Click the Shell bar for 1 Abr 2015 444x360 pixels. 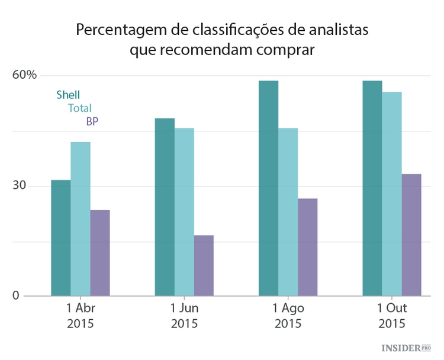click(x=60, y=237)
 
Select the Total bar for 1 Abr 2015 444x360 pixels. click(x=81, y=218)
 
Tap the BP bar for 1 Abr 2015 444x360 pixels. click(x=100, y=253)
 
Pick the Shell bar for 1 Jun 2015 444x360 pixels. click(x=165, y=207)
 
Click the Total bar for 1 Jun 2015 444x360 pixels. click(x=184, y=211)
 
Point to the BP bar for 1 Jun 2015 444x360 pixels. click(x=204, y=265)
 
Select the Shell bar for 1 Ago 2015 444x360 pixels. click(x=268, y=188)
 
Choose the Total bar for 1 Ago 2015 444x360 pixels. click(x=288, y=211)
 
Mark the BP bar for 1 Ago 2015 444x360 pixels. click(x=307, y=247)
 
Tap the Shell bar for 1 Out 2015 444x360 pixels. click(x=372, y=188)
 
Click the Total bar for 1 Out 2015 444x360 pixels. click(x=392, y=194)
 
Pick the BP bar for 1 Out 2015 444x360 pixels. click(x=411, y=234)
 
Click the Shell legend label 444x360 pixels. click(x=68, y=95)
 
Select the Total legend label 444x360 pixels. click(x=79, y=108)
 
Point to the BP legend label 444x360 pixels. click(x=92, y=121)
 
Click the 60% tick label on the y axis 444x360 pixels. click(x=25, y=75)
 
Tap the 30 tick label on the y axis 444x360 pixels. click(x=20, y=185)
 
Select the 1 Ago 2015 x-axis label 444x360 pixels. click(x=288, y=316)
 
